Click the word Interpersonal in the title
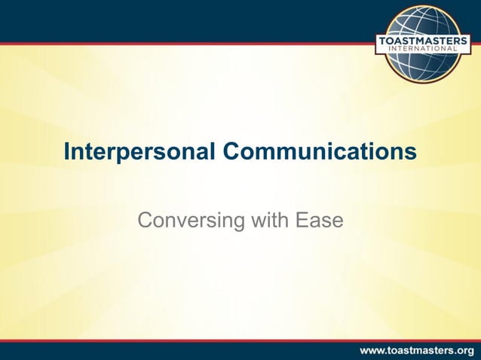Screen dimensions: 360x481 pos(139,152)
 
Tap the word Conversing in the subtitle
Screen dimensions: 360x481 pos(185,221)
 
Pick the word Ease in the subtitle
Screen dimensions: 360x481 pos(319,221)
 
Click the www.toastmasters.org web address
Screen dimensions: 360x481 pos(416,349)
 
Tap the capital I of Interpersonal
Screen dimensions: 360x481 pos(67,152)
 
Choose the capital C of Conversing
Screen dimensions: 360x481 pos(145,221)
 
